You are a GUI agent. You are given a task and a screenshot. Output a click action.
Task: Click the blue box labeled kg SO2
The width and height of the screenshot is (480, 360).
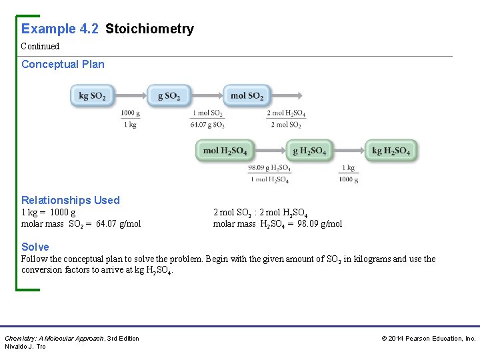93,96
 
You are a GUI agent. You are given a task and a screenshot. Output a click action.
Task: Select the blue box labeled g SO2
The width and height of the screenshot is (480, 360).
169,96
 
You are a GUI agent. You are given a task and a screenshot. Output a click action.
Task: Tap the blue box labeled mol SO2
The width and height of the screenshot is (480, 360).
247,96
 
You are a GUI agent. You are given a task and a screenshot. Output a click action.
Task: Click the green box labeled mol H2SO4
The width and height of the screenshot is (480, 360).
225,151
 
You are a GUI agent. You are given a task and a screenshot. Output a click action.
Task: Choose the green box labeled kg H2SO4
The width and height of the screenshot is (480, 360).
391,151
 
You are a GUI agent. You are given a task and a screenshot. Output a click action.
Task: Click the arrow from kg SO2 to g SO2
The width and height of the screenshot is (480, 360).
131,96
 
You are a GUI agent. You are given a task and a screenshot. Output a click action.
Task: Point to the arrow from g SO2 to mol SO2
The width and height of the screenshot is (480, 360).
207,96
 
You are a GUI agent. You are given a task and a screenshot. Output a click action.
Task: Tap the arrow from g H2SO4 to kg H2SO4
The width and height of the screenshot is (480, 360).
347,151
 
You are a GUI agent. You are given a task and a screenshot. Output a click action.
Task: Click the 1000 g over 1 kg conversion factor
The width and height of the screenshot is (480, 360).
131,119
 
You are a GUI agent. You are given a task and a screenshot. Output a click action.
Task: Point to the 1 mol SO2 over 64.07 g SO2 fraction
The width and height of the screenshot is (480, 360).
208,119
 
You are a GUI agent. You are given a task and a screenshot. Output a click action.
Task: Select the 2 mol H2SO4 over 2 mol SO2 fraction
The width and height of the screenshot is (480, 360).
286,119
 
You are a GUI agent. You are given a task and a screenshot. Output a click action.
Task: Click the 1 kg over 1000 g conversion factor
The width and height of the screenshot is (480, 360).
348,173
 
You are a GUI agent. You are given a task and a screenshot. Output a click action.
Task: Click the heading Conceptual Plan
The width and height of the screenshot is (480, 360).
63,65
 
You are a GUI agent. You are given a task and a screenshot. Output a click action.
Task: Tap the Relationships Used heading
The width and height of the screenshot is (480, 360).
71,200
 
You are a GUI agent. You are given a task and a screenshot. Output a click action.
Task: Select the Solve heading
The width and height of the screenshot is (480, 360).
35,247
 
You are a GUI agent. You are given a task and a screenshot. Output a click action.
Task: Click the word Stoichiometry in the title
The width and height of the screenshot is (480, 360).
149,29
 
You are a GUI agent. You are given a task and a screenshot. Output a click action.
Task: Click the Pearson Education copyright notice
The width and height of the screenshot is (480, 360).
428,339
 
